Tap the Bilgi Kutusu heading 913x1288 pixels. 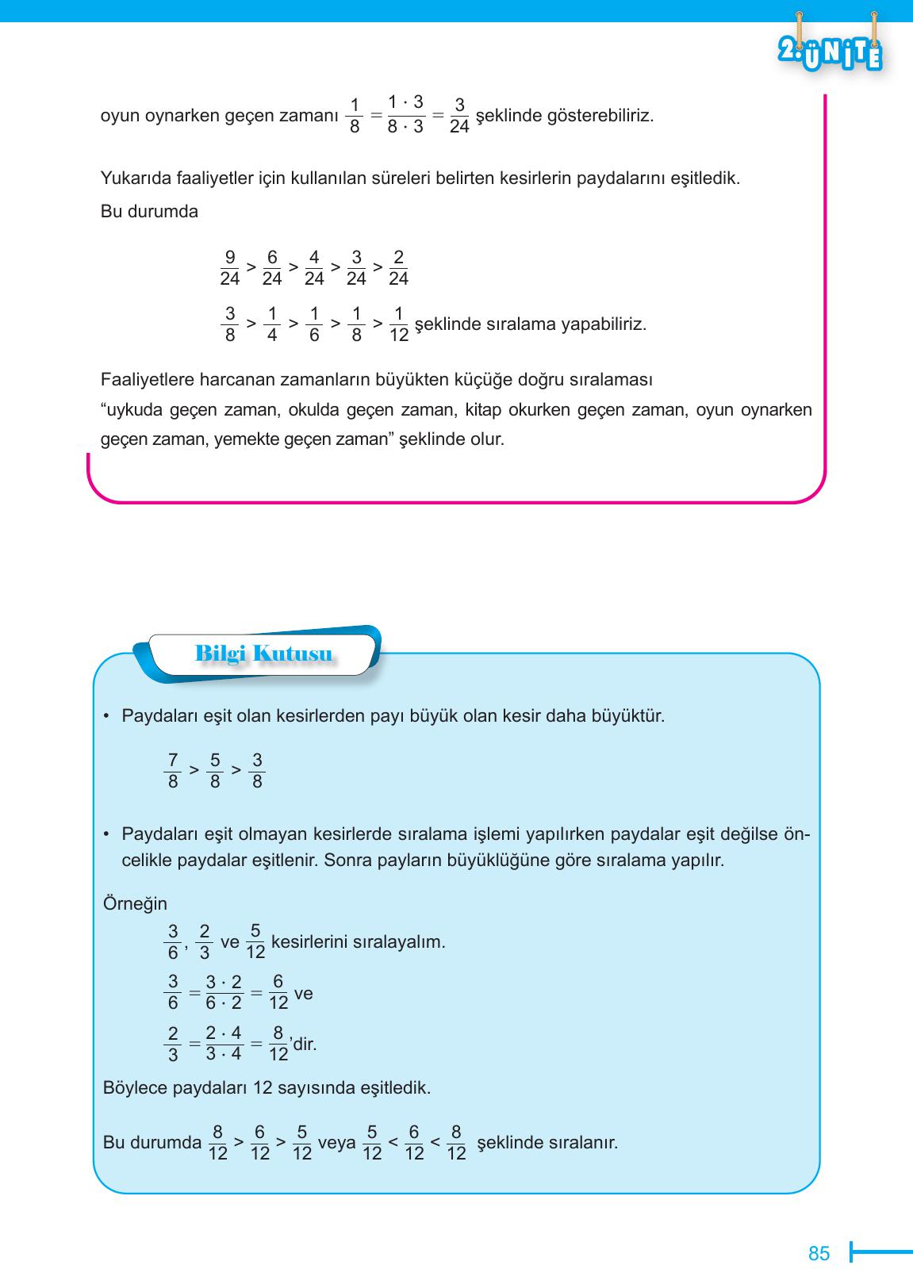click(x=263, y=654)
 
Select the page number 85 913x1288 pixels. click(x=819, y=1253)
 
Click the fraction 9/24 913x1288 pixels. click(x=229, y=268)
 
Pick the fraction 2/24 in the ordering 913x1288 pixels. click(x=398, y=268)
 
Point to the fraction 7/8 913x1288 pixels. click(x=173, y=771)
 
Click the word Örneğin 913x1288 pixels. click(x=135, y=903)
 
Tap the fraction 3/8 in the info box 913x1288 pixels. click(x=256, y=771)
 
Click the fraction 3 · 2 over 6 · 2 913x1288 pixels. click(x=224, y=993)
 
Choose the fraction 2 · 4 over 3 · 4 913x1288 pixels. click(x=224, y=1043)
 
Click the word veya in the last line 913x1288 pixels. click(x=336, y=1143)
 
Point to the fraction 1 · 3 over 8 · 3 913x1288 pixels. click(x=405, y=115)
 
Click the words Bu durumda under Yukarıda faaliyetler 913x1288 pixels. click(x=149, y=212)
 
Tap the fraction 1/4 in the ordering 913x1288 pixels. click(x=271, y=324)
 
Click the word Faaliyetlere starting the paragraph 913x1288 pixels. click(x=145, y=380)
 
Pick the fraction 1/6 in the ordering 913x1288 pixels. click(x=313, y=324)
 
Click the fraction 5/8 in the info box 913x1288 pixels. click(x=214, y=771)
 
